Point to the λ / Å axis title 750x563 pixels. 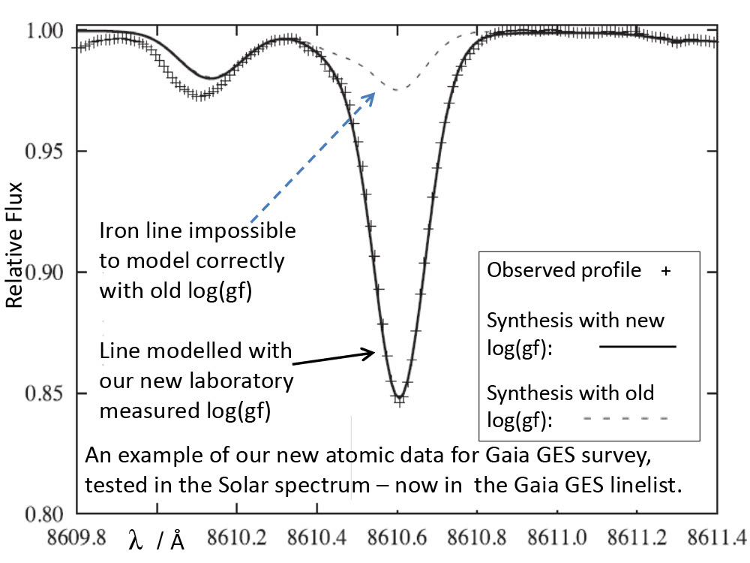point(157,542)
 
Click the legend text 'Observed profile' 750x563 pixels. point(564,271)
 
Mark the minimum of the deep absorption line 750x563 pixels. point(400,398)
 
